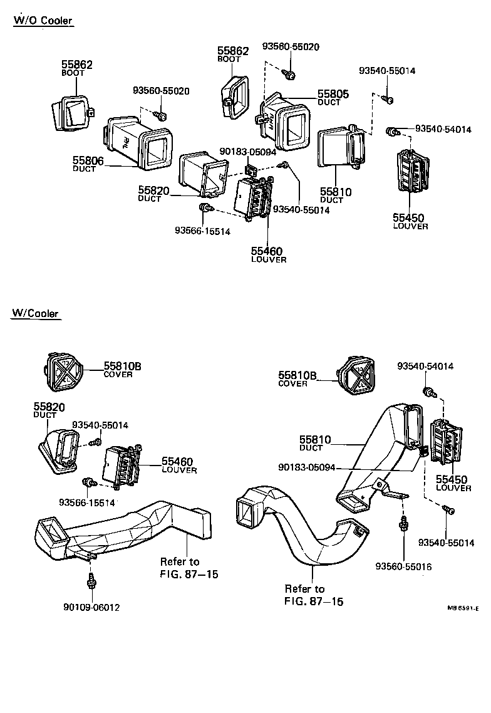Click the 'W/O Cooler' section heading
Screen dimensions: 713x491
point(43,21)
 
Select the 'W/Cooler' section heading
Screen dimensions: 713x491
point(36,313)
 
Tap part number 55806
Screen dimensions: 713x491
point(88,161)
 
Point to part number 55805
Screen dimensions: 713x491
point(333,94)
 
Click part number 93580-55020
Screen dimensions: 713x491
point(291,47)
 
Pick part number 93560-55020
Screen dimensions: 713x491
point(161,91)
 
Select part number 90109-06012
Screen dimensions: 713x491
point(91,606)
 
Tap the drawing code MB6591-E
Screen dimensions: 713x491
point(463,608)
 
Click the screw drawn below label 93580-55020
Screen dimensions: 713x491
point(290,75)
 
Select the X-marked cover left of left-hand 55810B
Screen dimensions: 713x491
point(65,373)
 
